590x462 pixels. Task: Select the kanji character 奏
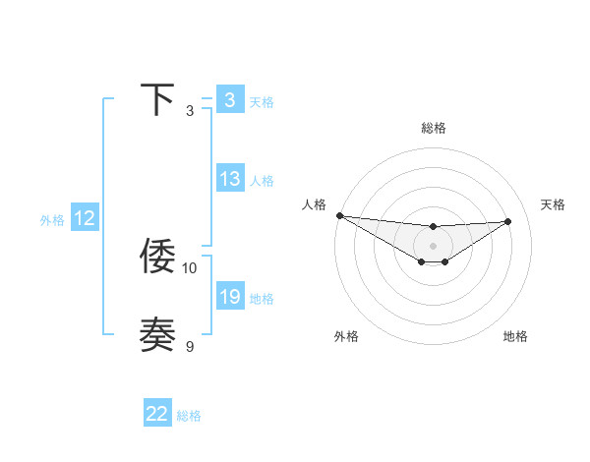coord(157,334)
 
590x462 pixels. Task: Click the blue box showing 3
coord(229,100)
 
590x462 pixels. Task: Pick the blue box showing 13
coord(229,179)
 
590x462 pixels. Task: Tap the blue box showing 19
coord(229,297)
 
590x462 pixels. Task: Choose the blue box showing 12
coord(85,218)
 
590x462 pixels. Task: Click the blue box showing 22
coord(157,414)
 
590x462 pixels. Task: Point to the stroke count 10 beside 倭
coord(190,267)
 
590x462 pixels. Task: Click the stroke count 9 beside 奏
coord(190,346)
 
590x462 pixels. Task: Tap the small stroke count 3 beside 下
coord(190,111)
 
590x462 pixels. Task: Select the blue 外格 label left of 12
coord(52,220)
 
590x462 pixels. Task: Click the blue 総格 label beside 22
coord(189,416)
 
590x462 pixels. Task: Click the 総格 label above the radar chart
coord(433,128)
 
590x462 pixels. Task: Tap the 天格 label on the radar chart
coord(553,204)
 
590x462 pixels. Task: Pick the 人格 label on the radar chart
coord(314,204)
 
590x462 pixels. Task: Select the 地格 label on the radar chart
coord(515,336)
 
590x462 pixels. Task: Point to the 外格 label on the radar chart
coord(346,336)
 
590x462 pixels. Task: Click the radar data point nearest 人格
coord(339,215)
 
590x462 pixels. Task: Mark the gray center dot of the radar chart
coord(433,246)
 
